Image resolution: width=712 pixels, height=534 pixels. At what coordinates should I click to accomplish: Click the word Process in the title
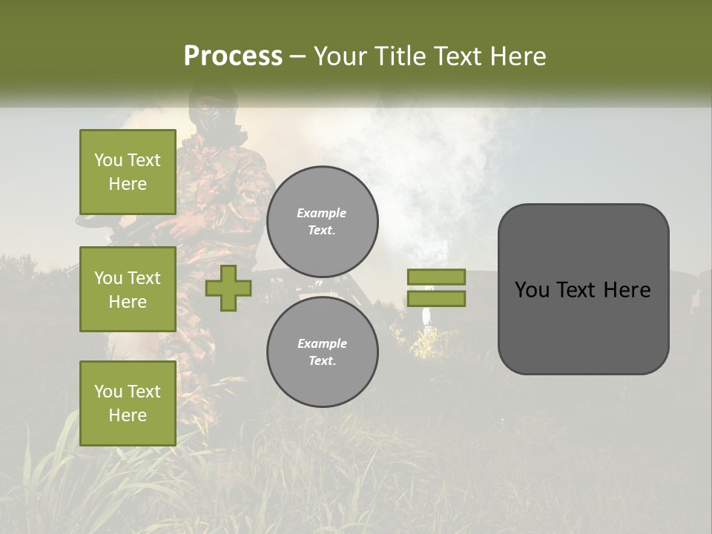click(x=233, y=56)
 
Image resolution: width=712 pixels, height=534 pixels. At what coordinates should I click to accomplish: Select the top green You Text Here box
click(x=128, y=172)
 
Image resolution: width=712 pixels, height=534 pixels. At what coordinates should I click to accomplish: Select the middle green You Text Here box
click(x=128, y=289)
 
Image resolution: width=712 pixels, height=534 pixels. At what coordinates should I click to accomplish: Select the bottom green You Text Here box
click(x=128, y=403)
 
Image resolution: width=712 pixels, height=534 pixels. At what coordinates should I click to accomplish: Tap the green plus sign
click(x=228, y=288)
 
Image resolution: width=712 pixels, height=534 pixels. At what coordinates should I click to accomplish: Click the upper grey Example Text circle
click(x=322, y=222)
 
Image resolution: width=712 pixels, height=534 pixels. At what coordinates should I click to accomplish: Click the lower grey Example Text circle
click(x=322, y=352)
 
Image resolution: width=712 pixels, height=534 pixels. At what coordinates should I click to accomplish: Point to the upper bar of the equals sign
click(x=436, y=277)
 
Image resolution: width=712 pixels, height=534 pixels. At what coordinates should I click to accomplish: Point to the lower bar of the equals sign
click(x=436, y=299)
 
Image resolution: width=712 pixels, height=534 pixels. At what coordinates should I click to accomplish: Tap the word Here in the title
click(x=518, y=56)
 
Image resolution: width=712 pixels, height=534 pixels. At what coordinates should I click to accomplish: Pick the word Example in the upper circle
click(x=322, y=213)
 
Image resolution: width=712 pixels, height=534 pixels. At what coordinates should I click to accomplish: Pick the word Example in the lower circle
click(x=322, y=343)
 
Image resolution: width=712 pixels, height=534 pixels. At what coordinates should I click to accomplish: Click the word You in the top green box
click(x=108, y=160)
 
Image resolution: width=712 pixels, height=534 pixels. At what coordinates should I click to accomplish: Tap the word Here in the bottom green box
click(x=128, y=415)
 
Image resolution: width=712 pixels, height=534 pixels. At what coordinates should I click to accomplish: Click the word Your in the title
click(x=342, y=56)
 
